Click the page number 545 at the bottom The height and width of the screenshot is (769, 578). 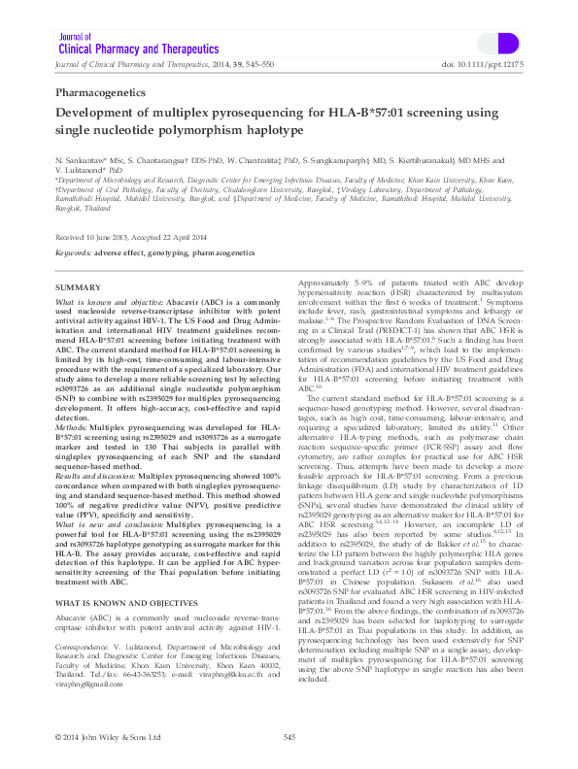click(x=289, y=738)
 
